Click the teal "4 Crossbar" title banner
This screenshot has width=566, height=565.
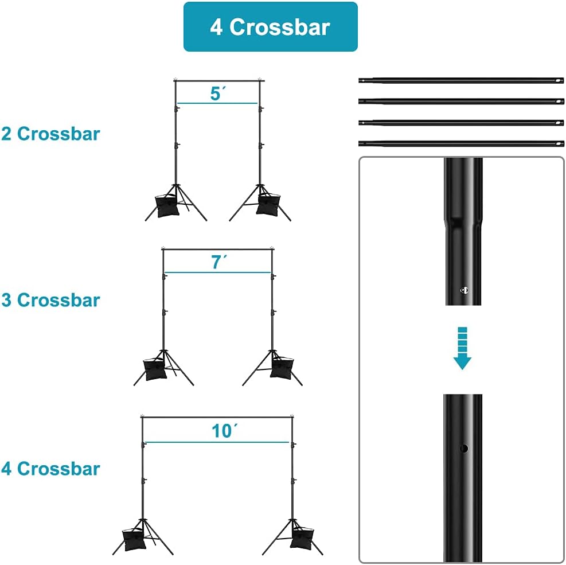click(x=270, y=27)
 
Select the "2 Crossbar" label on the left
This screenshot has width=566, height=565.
click(x=50, y=134)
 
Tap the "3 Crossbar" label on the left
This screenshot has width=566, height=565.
click(x=50, y=300)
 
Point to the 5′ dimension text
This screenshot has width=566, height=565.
click(x=218, y=93)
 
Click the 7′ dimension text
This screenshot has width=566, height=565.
click(x=219, y=262)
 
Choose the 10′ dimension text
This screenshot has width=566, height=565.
click(x=225, y=431)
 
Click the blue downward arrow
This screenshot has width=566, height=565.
click(x=462, y=348)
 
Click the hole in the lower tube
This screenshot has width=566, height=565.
click(x=464, y=449)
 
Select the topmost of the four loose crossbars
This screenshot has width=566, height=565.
click(x=461, y=80)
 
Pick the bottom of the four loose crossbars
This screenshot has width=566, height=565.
click(x=461, y=143)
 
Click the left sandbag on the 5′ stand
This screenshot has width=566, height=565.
click(x=167, y=205)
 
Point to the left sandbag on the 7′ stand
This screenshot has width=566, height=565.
click(x=155, y=369)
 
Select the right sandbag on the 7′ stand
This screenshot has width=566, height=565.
click(x=282, y=368)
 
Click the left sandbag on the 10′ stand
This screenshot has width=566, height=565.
click(x=135, y=540)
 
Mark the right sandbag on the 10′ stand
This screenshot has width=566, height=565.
click(x=302, y=538)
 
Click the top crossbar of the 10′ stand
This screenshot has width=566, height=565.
click(x=217, y=418)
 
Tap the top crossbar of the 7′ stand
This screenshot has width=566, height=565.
click(x=218, y=249)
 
